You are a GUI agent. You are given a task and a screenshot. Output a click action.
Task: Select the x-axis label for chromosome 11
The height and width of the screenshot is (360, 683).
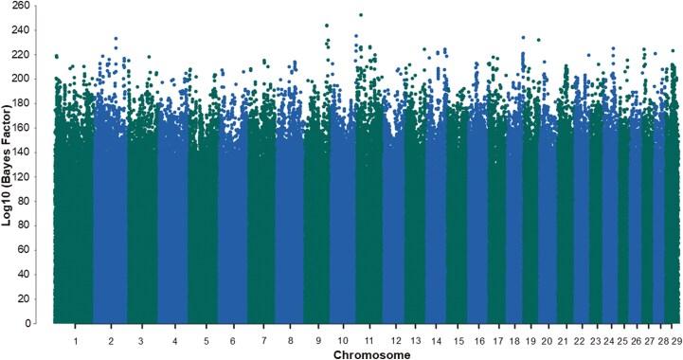pos(367,338)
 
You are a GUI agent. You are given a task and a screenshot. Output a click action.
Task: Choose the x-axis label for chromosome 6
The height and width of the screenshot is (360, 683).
pos(233,338)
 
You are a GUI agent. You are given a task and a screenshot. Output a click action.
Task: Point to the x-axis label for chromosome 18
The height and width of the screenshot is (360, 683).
pos(519,338)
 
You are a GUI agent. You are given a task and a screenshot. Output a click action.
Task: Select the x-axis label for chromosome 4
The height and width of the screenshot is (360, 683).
pos(173,338)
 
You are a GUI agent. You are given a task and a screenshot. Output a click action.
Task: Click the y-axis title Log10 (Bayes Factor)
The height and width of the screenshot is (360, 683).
pos(9,162)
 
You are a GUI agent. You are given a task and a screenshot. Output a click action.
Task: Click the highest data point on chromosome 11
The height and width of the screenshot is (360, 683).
pos(361,15)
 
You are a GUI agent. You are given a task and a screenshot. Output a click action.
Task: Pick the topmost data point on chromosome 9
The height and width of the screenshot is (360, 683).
pos(327,26)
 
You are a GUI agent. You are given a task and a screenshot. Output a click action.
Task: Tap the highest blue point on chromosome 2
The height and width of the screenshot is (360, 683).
pos(116,39)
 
